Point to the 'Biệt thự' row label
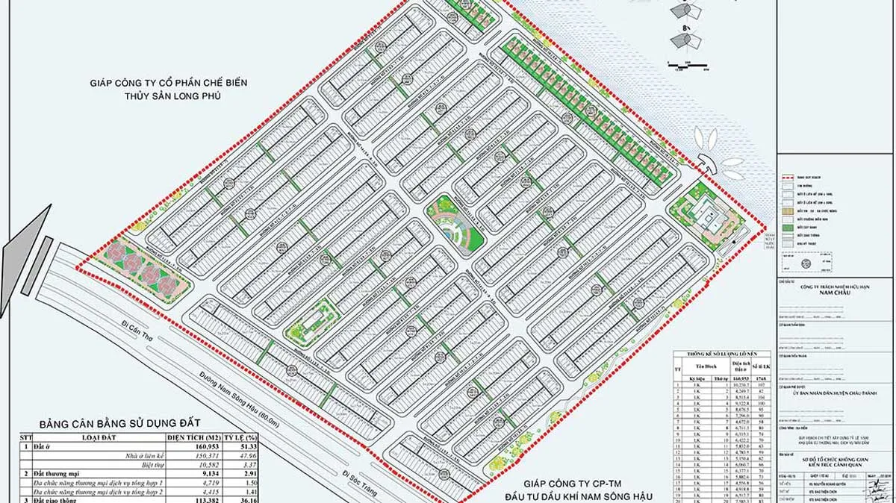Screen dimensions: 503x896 coord(141,465)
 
